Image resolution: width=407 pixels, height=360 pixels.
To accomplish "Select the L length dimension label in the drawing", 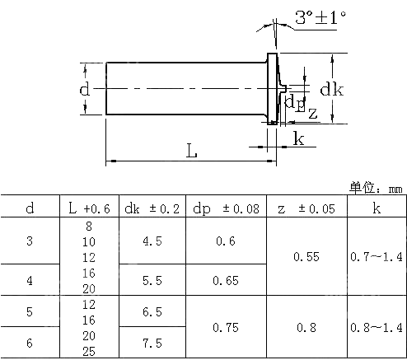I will pyautogui.click(x=191, y=152).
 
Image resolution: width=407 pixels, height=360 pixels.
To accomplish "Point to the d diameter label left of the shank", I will pyautogui.click(x=84, y=89).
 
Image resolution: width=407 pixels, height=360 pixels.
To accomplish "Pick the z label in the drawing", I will pyautogui.click(x=311, y=113).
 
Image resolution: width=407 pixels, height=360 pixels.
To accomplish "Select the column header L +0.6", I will pyautogui.click(x=89, y=208).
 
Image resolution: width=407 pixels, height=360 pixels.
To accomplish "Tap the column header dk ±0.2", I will pyautogui.click(x=152, y=208).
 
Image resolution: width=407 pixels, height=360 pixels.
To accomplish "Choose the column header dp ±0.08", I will pyautogui.click(x=226, y=208).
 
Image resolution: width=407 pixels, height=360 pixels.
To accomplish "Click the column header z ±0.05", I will pyautogui.click(x=306, y=208).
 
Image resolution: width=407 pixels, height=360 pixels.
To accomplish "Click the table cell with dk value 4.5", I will pyautogui.click(x=152, y=241).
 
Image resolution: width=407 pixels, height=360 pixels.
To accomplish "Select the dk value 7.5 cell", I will pyautogui.click(x=152, y=343).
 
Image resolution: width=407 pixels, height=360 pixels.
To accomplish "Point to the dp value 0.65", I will pyautogui.click(x=226, y=280).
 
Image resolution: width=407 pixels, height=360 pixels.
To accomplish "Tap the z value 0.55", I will pyautogui.click(x=306, y=257).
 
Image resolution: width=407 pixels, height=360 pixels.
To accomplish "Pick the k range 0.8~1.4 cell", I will pyautogui.click(x=377, y=327).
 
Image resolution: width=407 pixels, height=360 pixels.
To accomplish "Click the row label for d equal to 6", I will pyautogui.click(x=30, y=343).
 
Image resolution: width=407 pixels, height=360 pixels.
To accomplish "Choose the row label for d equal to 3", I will pyautogui.click(x=30, y=241).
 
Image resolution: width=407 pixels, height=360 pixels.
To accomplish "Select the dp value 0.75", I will pyautogui.click(x=226, y=327).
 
